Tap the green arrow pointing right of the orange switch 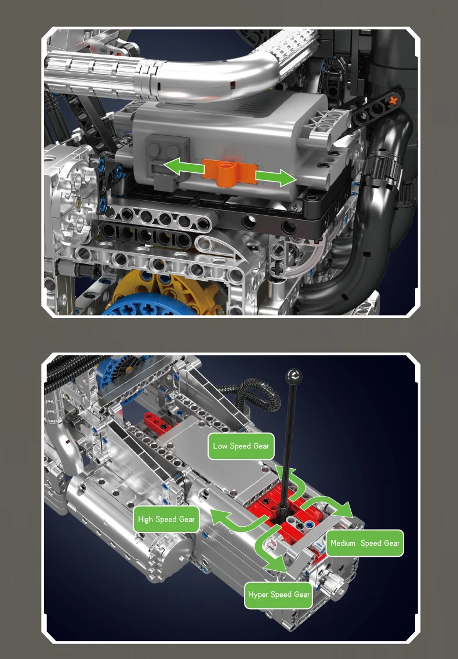pos(275,178)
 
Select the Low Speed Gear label pos(241,446)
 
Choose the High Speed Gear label pos(166,519)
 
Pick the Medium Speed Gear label pos(365,543)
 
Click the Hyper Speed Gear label pos(279,595)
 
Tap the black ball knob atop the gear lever pos(293,376)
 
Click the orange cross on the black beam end pos(393,100)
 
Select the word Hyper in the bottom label pos(258,595)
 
